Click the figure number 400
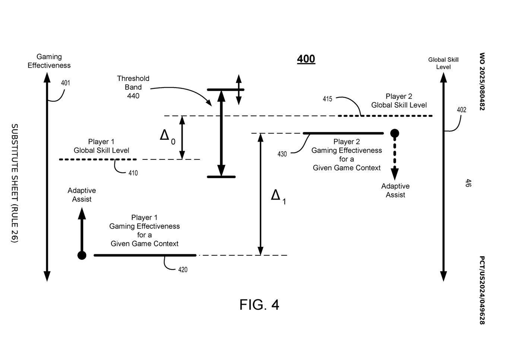(x=306, y=59)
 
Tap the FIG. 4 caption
(x=259, y=304)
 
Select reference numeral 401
(x=66, y=83)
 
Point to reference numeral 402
(x=462, y=110)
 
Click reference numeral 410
(x=133, y=173)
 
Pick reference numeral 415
(x=328, y=99)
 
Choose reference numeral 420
(x=183, y=270)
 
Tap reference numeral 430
(x=282, y=154)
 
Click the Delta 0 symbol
(x=167, y=137)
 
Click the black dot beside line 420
(x=82, y=255)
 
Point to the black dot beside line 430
(x=395, y=133)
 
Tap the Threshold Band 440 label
(x=133, y=87)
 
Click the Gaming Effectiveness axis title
(x=49, y=61)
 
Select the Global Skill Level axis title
(x=443, y=63)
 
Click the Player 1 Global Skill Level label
(x=101, y=146)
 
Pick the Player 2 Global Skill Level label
(x=399, y=101)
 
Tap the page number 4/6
(x=468, y=183)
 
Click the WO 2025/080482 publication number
(x=482, y=82)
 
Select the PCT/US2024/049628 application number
(x=482, y=290)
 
